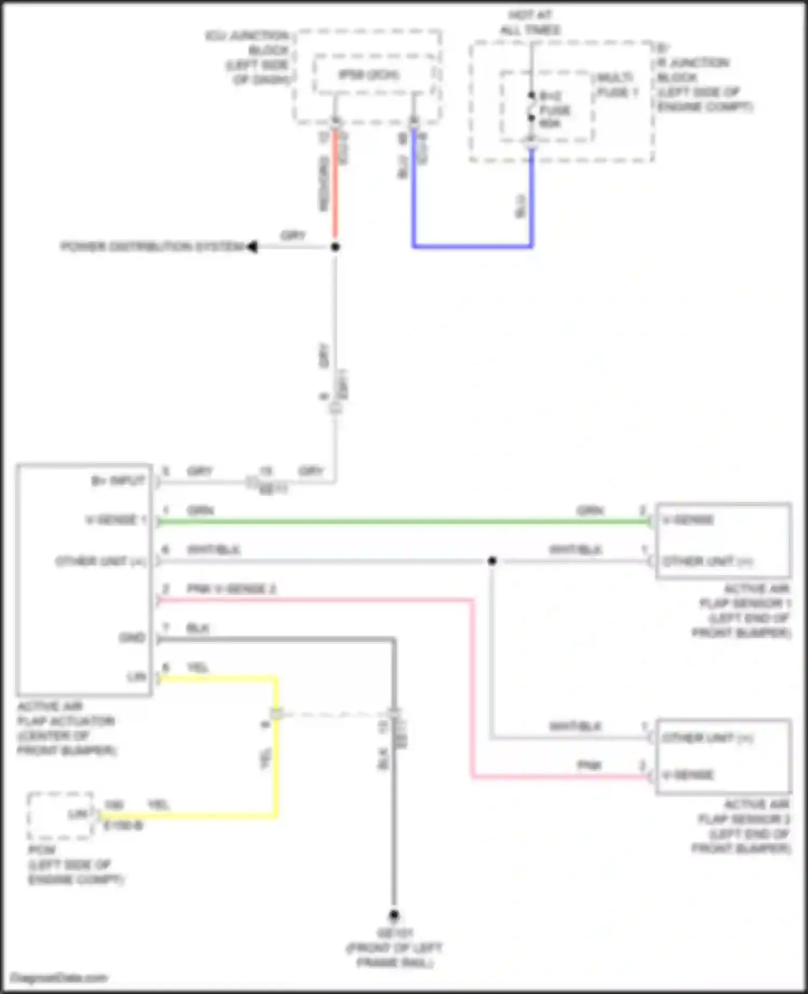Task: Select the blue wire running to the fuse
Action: point(472,247)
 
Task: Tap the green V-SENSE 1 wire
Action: point(404,521)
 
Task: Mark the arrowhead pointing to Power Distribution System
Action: point(252,247)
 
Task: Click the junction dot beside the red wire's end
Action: point(335,247)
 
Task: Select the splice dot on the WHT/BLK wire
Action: point(492,561)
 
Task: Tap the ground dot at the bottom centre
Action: point(394,914)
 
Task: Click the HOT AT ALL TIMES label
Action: point(531,23)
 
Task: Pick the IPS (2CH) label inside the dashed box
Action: point(369,74)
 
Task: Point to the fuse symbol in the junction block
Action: point(532,107)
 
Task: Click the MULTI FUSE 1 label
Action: point(617,85)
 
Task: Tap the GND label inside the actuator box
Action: point(132,638)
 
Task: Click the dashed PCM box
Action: point(60,816)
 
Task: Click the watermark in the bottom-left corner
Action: point(59,978)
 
